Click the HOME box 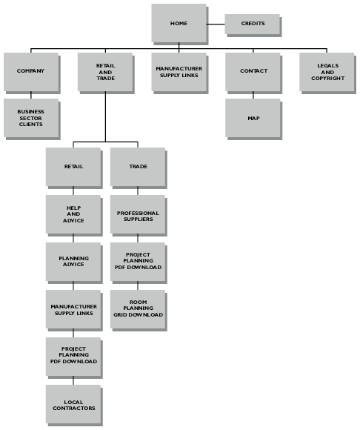point(179,23)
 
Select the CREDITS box point(253,24)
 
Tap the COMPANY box point(31,72)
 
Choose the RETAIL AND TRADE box point(105,72)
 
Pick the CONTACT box point(253,72)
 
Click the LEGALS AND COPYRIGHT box point(327,72)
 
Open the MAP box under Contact point(253,118)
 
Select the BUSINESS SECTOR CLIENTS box point(31,118)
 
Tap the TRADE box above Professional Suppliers point(138,167)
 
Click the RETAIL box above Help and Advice point(73,167)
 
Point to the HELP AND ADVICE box point(73,214)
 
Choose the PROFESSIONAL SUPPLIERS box point(138,214)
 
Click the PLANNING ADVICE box point(73,262)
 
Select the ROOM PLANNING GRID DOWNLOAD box point(138,309)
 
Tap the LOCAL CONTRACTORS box point(73,404)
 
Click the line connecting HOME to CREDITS point(216,24)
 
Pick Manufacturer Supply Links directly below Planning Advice point(73,309)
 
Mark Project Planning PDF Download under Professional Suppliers point(138,262)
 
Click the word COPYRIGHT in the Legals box point(327,79)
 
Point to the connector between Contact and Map point(253,95)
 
